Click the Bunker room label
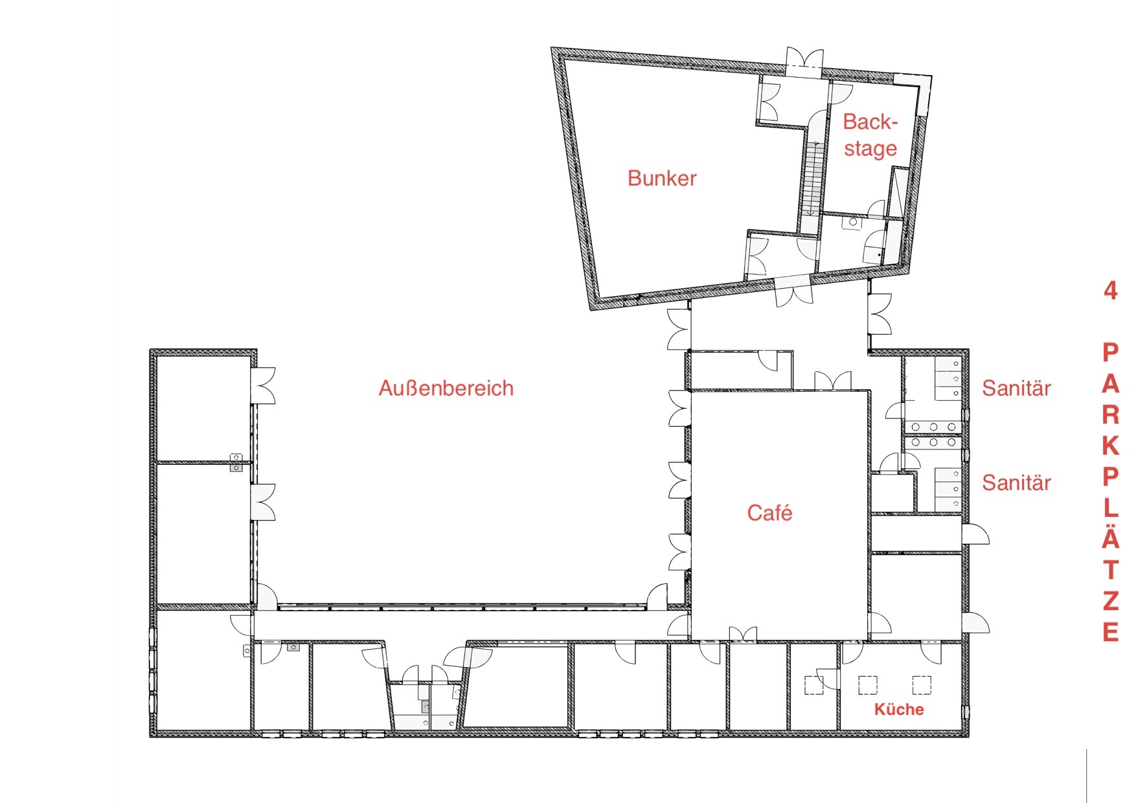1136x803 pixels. coord(662,178)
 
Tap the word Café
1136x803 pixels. coord(769,512)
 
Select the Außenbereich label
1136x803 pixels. coord(446,388)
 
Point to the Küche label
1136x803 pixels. coord(899,709)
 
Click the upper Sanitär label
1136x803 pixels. coord(1016,388)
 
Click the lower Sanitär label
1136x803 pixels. coord(1016,482)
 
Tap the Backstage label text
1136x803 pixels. coord(870,135)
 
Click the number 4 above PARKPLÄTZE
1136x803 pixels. coord(1111,291)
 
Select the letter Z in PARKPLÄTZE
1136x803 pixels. coord(1111,601)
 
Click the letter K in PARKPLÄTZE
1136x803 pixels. coord(1111,446)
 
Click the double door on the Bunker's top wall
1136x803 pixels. coord(805,58)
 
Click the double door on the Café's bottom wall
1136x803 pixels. coord(743,634)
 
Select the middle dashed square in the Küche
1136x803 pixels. coord(868,685)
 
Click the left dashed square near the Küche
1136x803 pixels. coord(814,685)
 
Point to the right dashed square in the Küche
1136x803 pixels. coord(922,685)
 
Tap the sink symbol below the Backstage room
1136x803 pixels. coord(853,223)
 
